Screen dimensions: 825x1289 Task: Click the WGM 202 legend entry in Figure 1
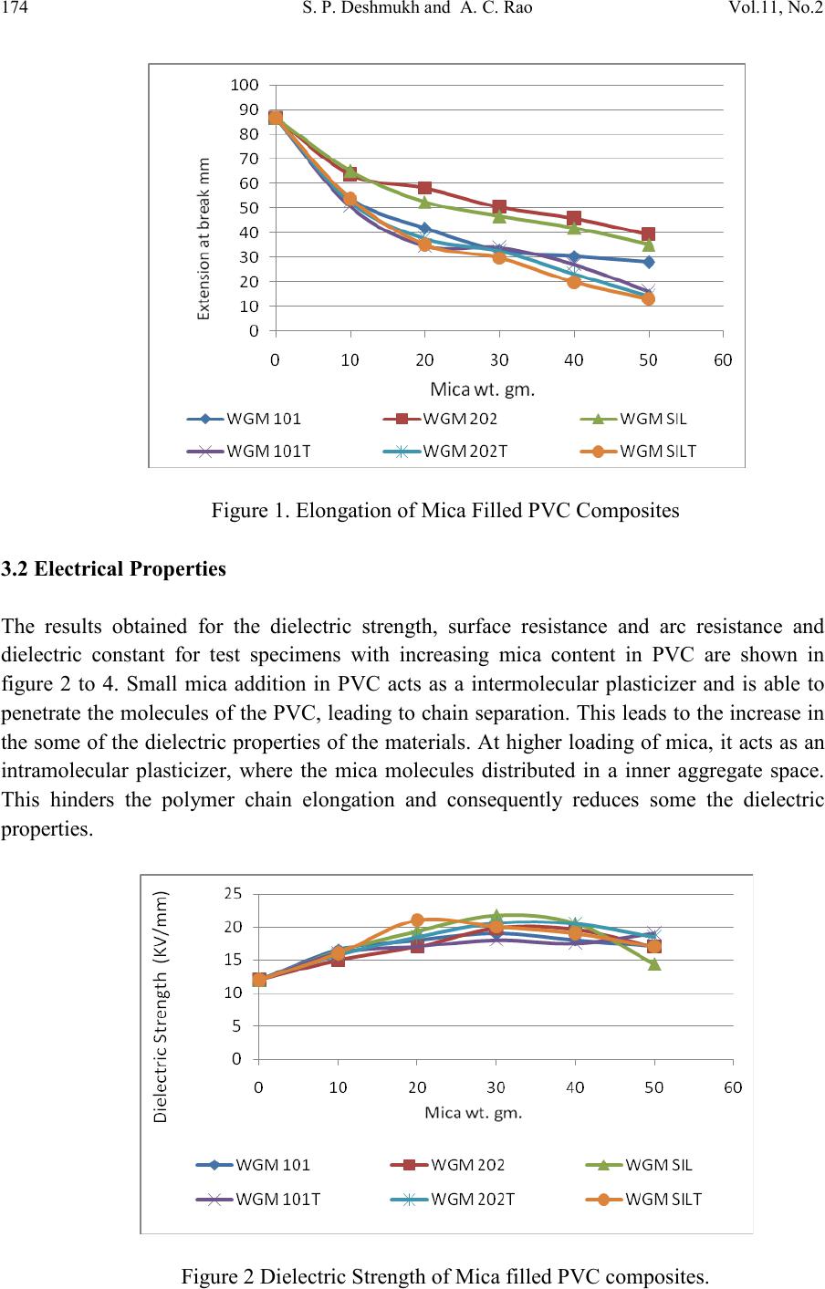pos(441,419)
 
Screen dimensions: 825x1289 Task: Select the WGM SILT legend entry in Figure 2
pos(643,1200)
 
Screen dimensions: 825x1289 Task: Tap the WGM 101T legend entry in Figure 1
pos(249,452)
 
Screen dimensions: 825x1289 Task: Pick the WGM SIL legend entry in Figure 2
pos(639,1165)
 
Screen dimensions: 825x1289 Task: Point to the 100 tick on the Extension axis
pos(245,85)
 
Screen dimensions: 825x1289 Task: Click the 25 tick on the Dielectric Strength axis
pos(233,894)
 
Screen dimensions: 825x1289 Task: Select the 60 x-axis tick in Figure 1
pos(723,360)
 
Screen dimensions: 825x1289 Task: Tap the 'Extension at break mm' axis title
pos(204,238)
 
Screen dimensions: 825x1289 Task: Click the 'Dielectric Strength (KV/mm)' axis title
pos(161,1006)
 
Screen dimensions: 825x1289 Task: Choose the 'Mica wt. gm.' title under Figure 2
pos(474,1113)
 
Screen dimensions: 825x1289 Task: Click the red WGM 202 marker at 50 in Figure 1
pos(648,234)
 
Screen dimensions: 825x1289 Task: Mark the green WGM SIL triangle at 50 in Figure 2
pos(654,963)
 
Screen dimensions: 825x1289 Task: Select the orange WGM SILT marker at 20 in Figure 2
pos(417,920)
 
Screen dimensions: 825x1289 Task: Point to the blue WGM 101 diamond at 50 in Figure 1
pos(649,263)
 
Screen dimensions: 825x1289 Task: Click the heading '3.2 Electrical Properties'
pos(113,568)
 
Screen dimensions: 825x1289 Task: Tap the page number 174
pos(14,7)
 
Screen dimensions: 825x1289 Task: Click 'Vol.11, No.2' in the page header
pos(776,7)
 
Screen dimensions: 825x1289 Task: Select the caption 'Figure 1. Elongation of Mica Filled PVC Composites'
pos(445,511)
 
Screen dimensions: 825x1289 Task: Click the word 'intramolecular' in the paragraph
pos(64,771)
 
